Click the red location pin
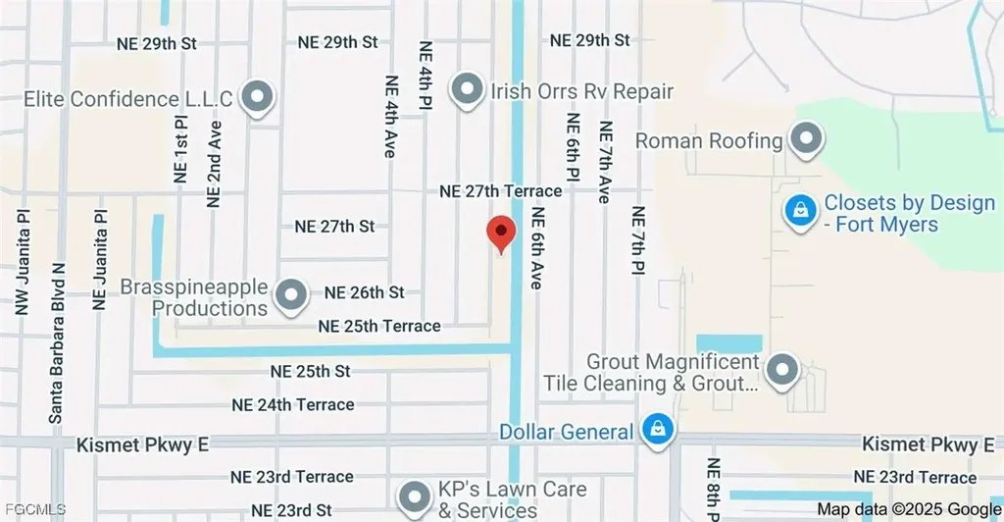(x=502, y=234)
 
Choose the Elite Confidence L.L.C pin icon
(x=258, y=98)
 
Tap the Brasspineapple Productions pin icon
(x=290, y=295)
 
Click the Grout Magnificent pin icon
(x=781, y=371)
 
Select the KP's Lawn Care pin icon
(x=416, y=495)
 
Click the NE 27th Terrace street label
(x=500, y=191)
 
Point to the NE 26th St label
(x=364, y=292)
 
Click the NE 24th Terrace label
(x=292, y=404)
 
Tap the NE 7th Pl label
(x=638, y=239)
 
